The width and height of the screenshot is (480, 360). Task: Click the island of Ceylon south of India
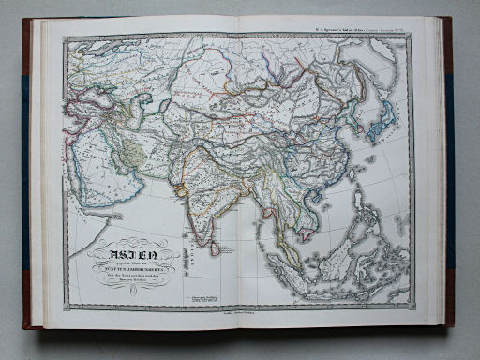pyautogui.click(x=216, y=247)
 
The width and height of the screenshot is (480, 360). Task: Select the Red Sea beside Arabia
pyautogui.click(x=80, y=187)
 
